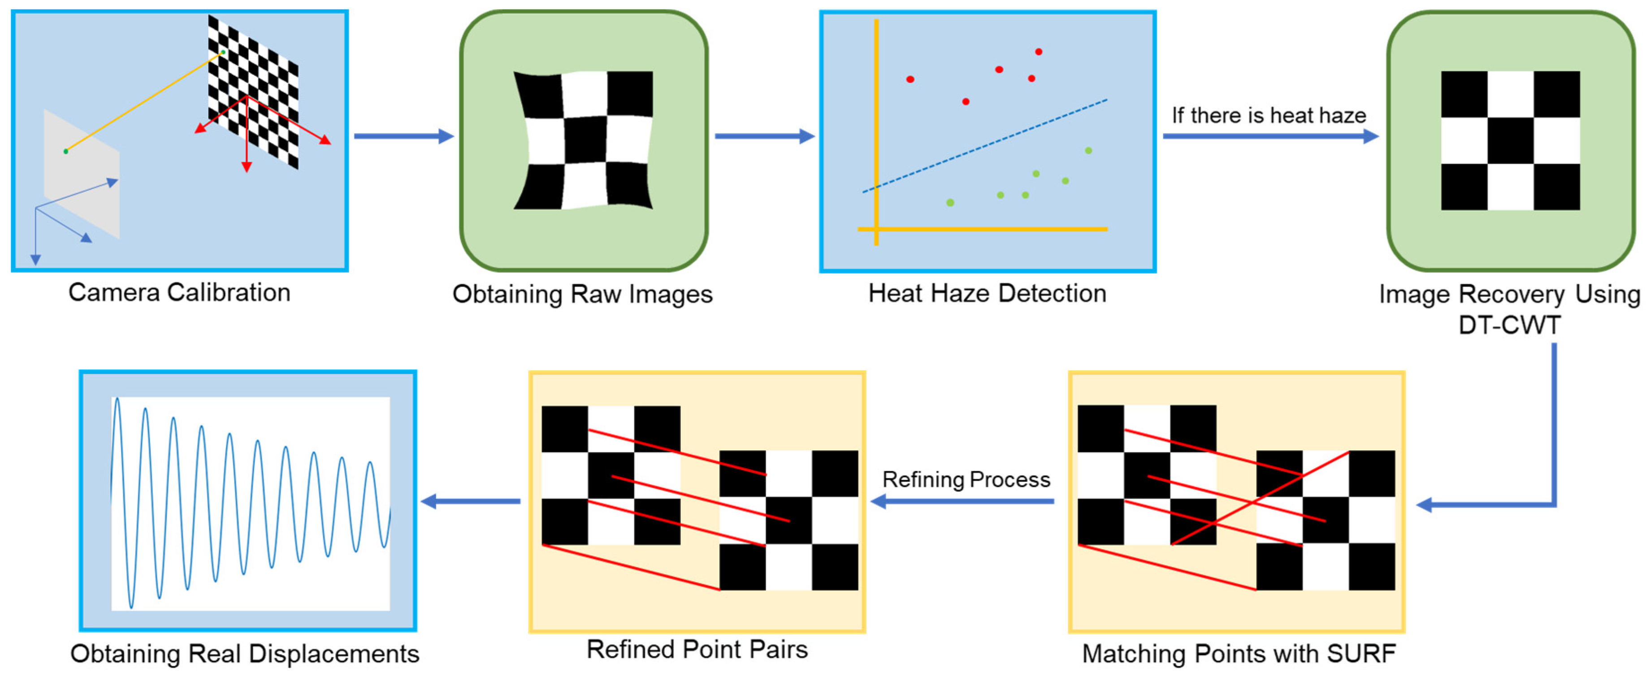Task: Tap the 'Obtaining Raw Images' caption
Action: pos(582,294)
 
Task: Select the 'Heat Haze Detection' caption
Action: pos(987,294)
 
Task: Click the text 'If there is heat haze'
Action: pos(1269,116)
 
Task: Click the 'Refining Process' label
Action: pos(966,479)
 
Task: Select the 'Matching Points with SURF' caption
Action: pos(1239,653)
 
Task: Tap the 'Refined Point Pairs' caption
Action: pos(697,650)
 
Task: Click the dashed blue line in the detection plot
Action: pos(984,145)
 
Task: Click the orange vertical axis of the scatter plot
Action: pos(876,128)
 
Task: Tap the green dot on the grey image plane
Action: pos(66,152)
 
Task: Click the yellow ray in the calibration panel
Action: pos(144,102)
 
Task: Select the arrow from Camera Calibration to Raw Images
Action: pos(403,136)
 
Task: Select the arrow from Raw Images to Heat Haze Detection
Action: pos(764,136)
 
